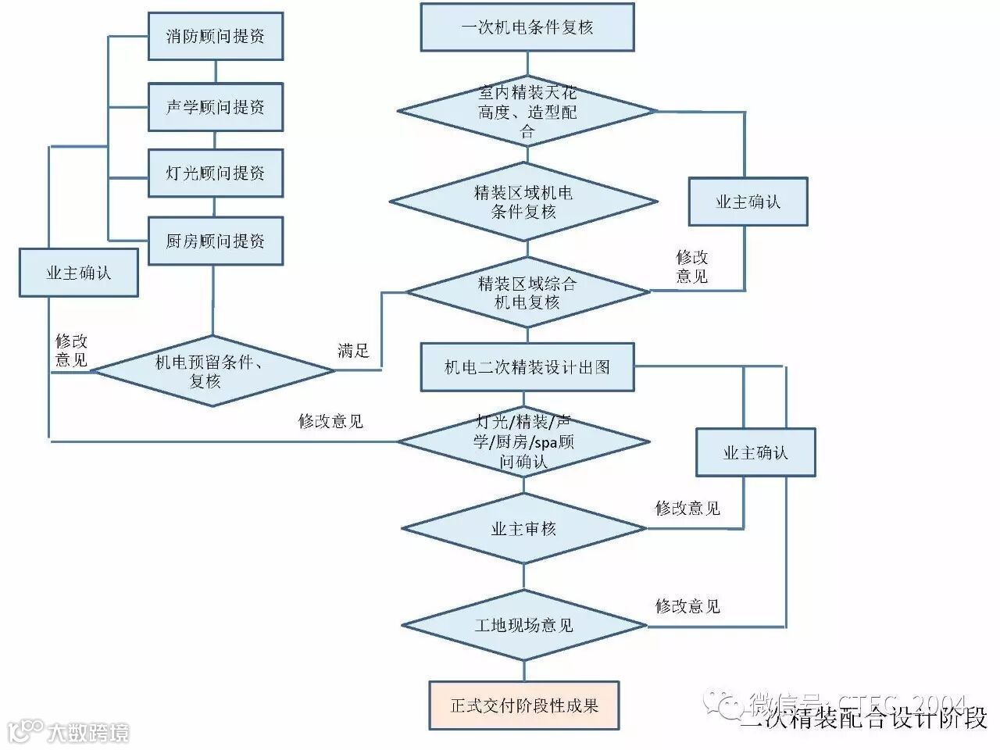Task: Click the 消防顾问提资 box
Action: [215, 36]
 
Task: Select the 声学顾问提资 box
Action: [215, 107]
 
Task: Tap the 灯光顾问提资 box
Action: [215, 173]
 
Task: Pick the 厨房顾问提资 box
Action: [215, 241]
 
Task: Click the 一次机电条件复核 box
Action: [527, 27]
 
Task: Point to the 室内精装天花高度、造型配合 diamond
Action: [527, 112]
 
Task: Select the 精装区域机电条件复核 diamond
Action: [523, 202]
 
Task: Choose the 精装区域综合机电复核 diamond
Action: [527, 292]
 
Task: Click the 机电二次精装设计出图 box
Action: [527, 367]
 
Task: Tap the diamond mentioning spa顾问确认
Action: [523, 442]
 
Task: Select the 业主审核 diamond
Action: [523, 529]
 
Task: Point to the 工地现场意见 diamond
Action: [523, 625]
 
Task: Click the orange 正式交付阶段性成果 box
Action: [523, 705]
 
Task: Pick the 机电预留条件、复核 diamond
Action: [213, 371]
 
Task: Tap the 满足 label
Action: [353, 351]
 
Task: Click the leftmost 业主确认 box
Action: [78, 273]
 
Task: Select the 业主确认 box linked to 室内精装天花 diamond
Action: [748, 202]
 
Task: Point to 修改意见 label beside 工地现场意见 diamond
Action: [687, 606]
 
